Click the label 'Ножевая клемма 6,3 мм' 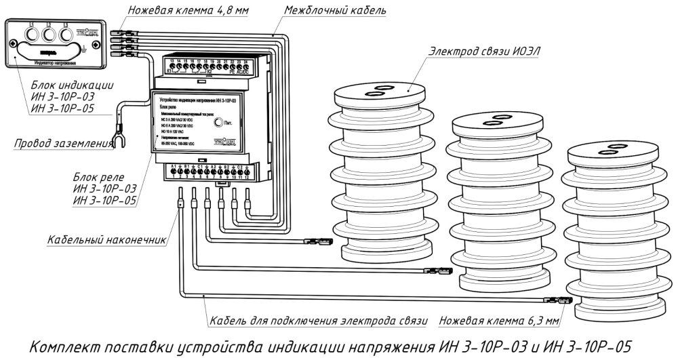[500, 319]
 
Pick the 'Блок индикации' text [72, 86]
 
